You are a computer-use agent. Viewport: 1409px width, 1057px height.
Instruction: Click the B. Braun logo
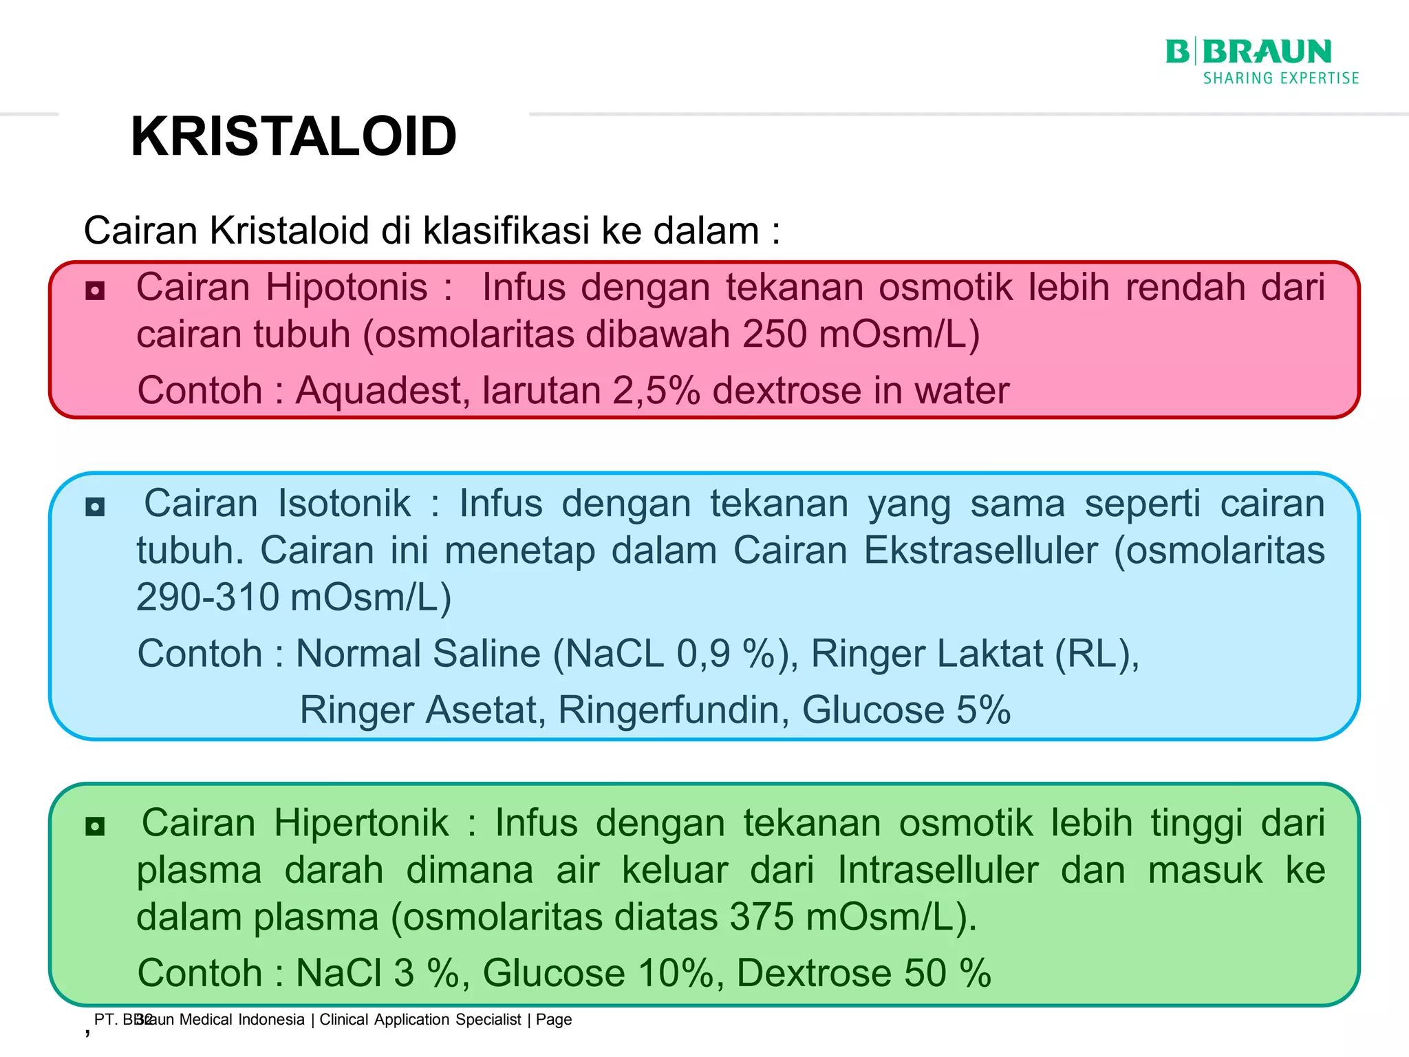[1248, 52]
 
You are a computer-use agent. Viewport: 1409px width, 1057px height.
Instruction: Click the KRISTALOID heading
[293, 136]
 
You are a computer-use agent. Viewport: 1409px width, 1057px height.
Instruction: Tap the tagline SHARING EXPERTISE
[1280, 78]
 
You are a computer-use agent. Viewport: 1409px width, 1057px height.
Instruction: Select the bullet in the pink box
[95, 290]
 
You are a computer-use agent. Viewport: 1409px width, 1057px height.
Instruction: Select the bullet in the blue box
[95, 507]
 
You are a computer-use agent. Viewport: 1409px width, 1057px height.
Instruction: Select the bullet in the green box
[95, 826]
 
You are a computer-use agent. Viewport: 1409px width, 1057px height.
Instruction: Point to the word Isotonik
[344, 503]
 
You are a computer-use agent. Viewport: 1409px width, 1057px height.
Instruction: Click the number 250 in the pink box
[774, 334]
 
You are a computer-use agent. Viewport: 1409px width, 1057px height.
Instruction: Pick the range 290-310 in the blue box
[206, 597]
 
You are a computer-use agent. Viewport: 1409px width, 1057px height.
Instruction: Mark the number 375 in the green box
[762, 917]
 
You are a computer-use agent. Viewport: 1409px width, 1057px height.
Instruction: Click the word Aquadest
[383, 390]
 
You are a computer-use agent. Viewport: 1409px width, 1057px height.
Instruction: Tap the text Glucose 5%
[905, 709]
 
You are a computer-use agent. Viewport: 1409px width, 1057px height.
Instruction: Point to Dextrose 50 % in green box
[863, 973]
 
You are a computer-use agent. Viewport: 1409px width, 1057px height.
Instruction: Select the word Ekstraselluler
[980, 551]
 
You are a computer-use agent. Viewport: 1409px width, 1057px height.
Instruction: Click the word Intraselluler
[937, 870]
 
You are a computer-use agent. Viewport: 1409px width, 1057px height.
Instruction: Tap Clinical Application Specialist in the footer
[420, 1019]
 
